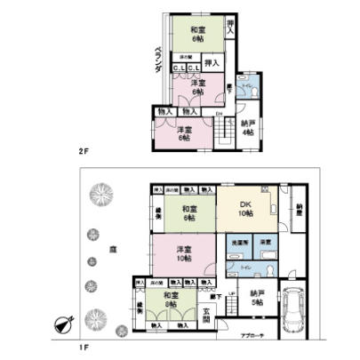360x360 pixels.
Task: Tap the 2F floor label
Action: (x=84, y=151)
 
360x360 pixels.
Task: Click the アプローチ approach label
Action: (x=254, y=336)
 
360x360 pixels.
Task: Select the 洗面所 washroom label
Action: (x=238, y=242)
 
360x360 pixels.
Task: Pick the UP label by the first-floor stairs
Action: (x=232, y=294)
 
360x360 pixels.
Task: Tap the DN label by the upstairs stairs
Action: (x=218, y=114)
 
